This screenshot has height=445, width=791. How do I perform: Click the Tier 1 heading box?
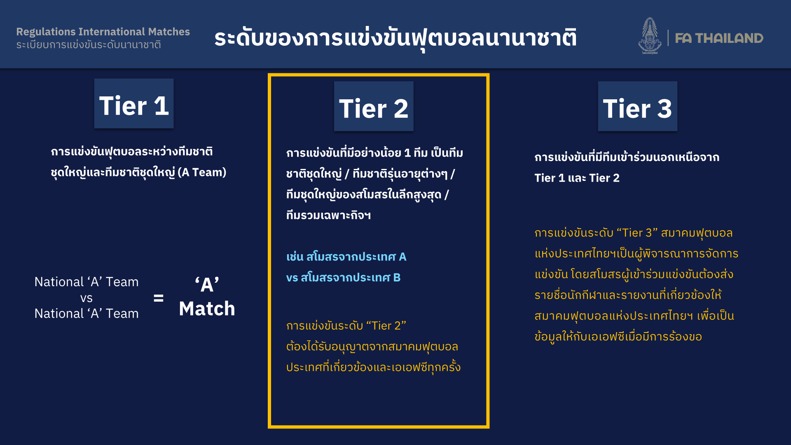click(134, 103)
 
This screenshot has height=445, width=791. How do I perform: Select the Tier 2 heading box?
click(374, 106)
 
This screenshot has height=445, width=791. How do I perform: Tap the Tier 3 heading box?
click(637, 106)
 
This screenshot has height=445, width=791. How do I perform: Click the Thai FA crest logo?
click(650, 36)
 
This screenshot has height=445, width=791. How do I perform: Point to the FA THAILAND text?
click(719, 38)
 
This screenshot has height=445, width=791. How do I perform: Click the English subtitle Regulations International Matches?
click(103, 32)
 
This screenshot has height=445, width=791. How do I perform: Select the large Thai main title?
click(395, 38)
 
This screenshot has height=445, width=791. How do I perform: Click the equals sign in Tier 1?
click(159, 298)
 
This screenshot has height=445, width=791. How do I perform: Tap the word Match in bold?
click(207, 309)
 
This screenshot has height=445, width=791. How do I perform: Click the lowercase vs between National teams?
click(87, 298)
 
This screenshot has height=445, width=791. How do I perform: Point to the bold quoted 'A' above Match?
click(207, 284)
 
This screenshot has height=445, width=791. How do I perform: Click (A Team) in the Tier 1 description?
click(202, 172)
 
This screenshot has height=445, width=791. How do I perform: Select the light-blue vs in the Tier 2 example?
click(292, 278)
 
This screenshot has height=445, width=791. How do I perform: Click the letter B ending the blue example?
click(397, 278)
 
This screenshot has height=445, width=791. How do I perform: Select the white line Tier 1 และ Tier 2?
click(577, 178)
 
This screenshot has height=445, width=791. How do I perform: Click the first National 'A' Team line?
click(87, 282)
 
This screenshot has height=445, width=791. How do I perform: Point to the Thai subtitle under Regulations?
click(89, 44)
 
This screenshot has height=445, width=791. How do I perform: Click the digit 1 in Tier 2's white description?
click(407, 153)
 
